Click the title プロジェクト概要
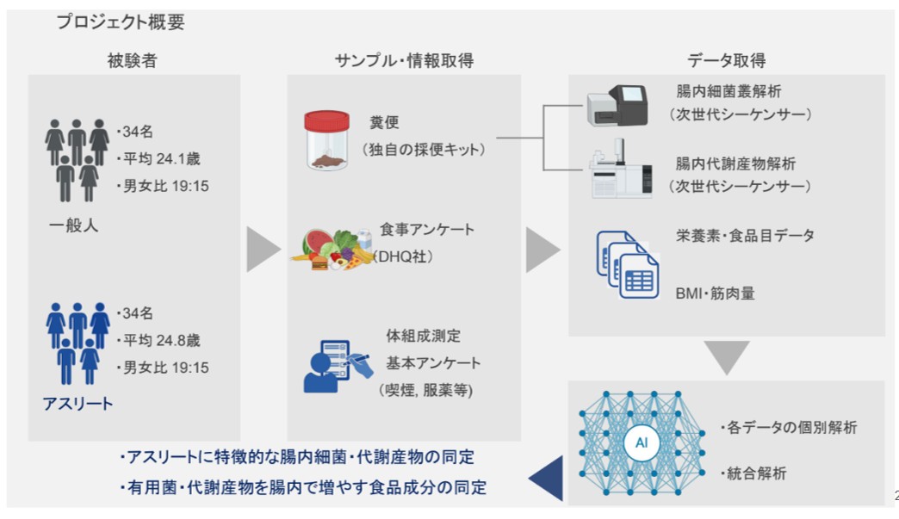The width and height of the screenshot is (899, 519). pos(121,22)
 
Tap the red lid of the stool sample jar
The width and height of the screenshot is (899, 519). pos(327,120)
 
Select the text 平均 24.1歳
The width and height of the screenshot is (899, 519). pos(162,158)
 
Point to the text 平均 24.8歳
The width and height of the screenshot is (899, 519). pos(162,340)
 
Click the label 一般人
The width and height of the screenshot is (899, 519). pos(73,226)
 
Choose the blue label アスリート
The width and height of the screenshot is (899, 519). pos(78,404)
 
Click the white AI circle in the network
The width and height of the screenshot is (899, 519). pos(642,442)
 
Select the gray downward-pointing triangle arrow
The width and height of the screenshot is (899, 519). pos(727,357)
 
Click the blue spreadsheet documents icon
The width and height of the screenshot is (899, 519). pos(628,264)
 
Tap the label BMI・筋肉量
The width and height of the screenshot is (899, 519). pos(715,293)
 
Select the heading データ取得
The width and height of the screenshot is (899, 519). pos(727,60)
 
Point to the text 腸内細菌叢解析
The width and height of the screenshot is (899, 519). pos(728,91)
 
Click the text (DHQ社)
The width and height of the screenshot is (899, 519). pos(402,256)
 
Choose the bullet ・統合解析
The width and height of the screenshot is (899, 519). pos(753,473)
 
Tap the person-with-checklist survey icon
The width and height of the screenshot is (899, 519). pos(338,367)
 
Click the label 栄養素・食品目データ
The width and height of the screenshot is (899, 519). pos(745,236)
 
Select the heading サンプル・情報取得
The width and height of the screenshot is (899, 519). pos(404,60)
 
